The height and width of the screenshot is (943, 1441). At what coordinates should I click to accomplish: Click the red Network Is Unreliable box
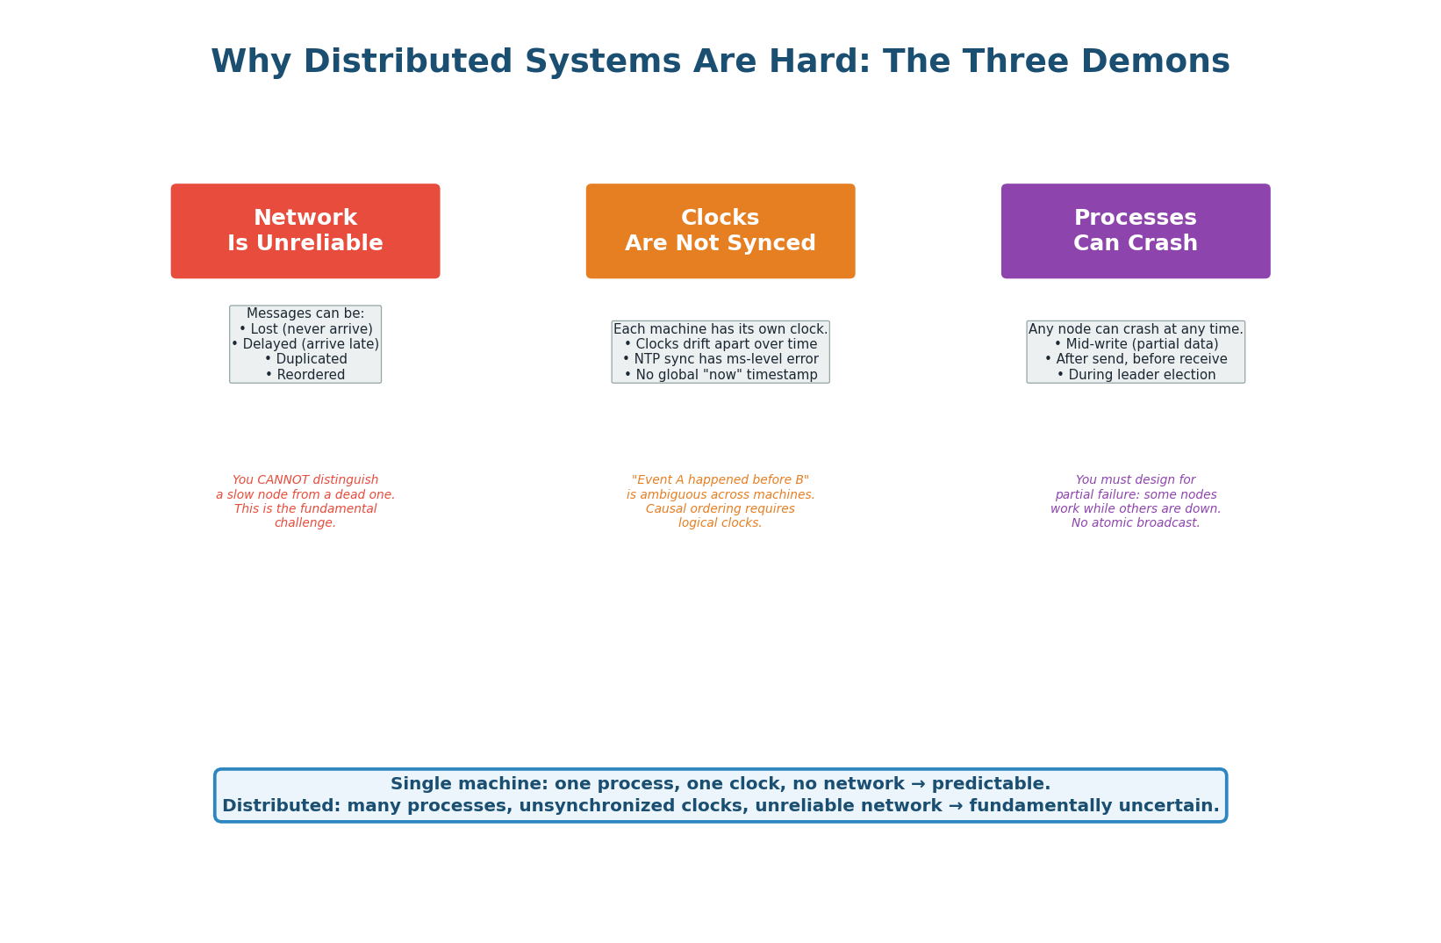(305, 231)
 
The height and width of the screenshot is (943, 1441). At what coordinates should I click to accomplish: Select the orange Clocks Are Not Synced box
(720, 231)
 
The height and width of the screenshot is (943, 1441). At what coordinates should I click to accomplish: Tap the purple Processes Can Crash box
(1136, 231)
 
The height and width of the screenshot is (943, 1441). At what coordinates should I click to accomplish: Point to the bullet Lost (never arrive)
(305, 329)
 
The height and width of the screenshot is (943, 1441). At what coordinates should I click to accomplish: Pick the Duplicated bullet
(305, 359)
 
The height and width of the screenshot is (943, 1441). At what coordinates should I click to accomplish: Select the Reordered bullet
(305, 375)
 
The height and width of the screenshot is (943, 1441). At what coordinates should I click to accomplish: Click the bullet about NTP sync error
(720, 359)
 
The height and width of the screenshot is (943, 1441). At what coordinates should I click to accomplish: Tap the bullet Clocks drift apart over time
(720, 344)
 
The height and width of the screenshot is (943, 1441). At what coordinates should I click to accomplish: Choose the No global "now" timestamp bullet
(720, 375)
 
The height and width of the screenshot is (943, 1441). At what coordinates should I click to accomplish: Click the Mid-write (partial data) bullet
(1136, 344)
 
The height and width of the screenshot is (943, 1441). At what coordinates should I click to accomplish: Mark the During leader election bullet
(1136, 375)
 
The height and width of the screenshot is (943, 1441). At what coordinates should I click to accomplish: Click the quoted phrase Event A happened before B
(720, 480)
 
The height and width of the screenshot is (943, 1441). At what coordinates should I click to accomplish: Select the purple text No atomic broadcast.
(1136, 523)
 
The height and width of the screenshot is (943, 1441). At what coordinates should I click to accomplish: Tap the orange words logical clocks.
(720, 523)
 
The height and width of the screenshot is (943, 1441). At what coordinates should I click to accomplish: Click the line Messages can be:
(305, 313)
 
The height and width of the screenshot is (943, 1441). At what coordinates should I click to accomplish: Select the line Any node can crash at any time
(1136, 329)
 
